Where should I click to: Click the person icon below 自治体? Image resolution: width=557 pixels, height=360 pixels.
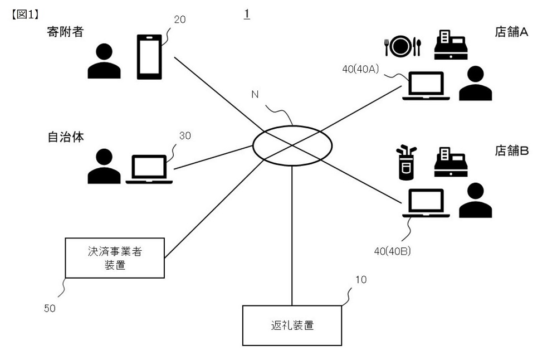coord(104,167)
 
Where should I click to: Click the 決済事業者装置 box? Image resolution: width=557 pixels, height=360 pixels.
coord(115,258)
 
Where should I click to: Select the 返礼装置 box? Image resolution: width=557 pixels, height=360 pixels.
coord(291,325)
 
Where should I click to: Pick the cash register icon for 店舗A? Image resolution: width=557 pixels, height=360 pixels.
coord(450,45)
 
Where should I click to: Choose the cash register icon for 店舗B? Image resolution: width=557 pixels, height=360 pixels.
coord(450,163)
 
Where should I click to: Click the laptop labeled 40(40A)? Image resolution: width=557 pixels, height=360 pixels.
coord(426,87)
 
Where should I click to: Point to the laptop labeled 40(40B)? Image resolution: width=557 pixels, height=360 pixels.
coord(426,204)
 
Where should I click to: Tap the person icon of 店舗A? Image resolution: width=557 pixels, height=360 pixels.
coord(476,84)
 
